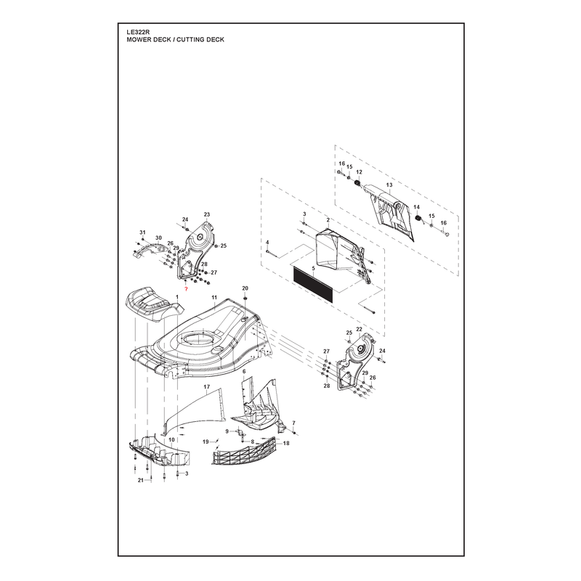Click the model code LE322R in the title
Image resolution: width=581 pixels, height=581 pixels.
pos(137,32)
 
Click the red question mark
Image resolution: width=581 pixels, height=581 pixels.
pos(186,289)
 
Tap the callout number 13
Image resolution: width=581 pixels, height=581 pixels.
pos(389,185)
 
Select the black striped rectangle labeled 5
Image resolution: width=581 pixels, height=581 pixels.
pos(314,285)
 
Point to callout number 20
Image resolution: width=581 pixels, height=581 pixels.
pos(245,288)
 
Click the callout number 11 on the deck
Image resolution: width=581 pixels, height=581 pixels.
pos(214,298)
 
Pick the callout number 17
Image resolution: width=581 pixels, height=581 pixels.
pos(207,387)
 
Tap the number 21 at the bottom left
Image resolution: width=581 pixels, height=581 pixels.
pos(140,480)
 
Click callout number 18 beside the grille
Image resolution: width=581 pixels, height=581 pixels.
pos(286,443)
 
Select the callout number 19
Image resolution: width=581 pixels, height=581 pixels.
pos(206,442)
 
